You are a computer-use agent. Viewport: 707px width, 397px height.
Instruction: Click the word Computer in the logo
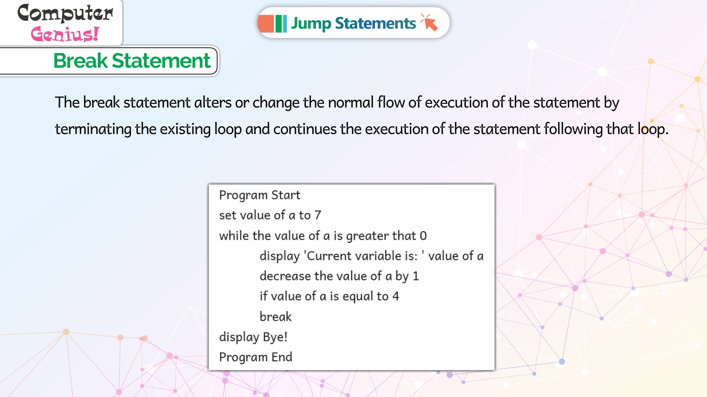tap(65, 13)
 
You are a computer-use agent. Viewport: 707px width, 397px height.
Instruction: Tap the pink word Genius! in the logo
tap(65, 34)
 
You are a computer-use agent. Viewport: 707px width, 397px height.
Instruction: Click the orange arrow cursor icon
tap(429, 23)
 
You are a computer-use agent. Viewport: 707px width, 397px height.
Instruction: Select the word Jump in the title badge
tap(311, 24)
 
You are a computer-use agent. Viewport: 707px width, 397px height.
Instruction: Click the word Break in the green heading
tap(81, 61)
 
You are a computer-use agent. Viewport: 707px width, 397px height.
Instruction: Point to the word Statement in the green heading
tap(161, 61)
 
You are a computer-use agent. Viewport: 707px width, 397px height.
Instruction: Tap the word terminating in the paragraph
tap(93, 129)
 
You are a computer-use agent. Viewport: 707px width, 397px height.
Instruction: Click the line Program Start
tap(260, 195)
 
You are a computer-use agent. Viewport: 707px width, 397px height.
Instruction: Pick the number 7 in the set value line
tap(318, 215)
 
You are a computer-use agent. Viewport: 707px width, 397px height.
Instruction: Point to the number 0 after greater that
tap(423, 236)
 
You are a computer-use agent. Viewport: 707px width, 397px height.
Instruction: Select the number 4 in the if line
tap(396, 296)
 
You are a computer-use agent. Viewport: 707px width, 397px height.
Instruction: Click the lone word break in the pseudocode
tap(275, 317)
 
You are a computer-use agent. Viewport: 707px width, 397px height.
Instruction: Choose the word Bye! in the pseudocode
tap(275, 337)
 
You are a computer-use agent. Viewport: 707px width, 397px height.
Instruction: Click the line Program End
tap(256, 357)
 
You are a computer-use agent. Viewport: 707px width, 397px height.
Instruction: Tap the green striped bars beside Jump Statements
tap(281, 24)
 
